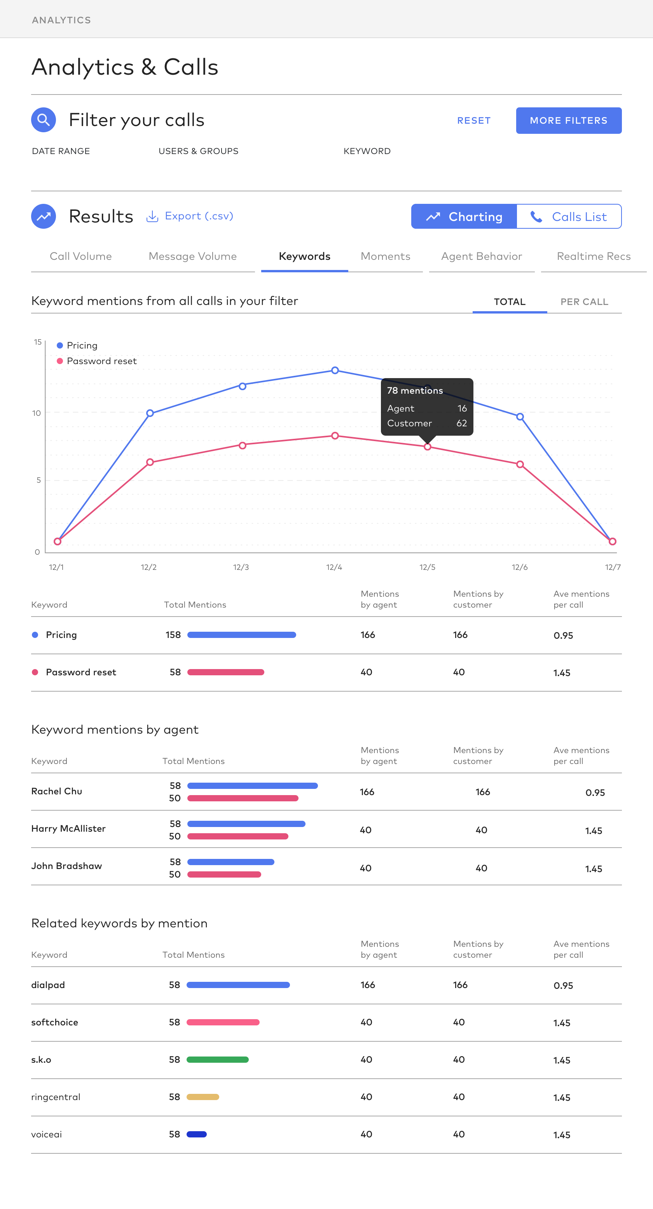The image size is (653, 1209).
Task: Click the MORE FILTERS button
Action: tap(569, 121)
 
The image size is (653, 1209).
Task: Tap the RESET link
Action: tap(474, 121)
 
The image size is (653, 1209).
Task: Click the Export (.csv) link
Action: tap(190, 216)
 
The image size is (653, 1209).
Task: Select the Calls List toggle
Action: tap(569, 216)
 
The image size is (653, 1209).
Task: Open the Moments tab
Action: tap(385, 256)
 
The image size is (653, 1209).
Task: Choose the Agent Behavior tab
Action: tap(481, 256)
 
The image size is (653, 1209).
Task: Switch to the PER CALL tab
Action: tap(584, 302)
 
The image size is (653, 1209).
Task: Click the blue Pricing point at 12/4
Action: tap(335, 370)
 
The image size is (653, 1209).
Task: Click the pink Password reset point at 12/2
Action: tap(150, 462)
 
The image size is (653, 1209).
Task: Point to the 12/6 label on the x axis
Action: tap(519, 568)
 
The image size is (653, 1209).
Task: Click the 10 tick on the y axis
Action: tap(37, 413)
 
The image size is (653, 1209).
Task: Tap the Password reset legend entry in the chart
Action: tap(101, 361)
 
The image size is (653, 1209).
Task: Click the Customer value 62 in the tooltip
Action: tap(462, 423)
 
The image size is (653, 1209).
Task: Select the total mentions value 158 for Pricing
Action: tap(173, 635)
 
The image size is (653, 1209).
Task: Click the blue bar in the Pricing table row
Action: tap(242, 635)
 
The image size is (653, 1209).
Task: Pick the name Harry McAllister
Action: tap(68, 829)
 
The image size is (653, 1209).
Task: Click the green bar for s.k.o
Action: tap(218, 1060)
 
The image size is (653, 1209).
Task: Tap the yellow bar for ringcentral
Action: tap(203, 1097)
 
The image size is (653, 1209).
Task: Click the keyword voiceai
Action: tap(46, 1134)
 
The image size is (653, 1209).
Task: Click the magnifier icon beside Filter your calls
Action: tap(44, 120)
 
